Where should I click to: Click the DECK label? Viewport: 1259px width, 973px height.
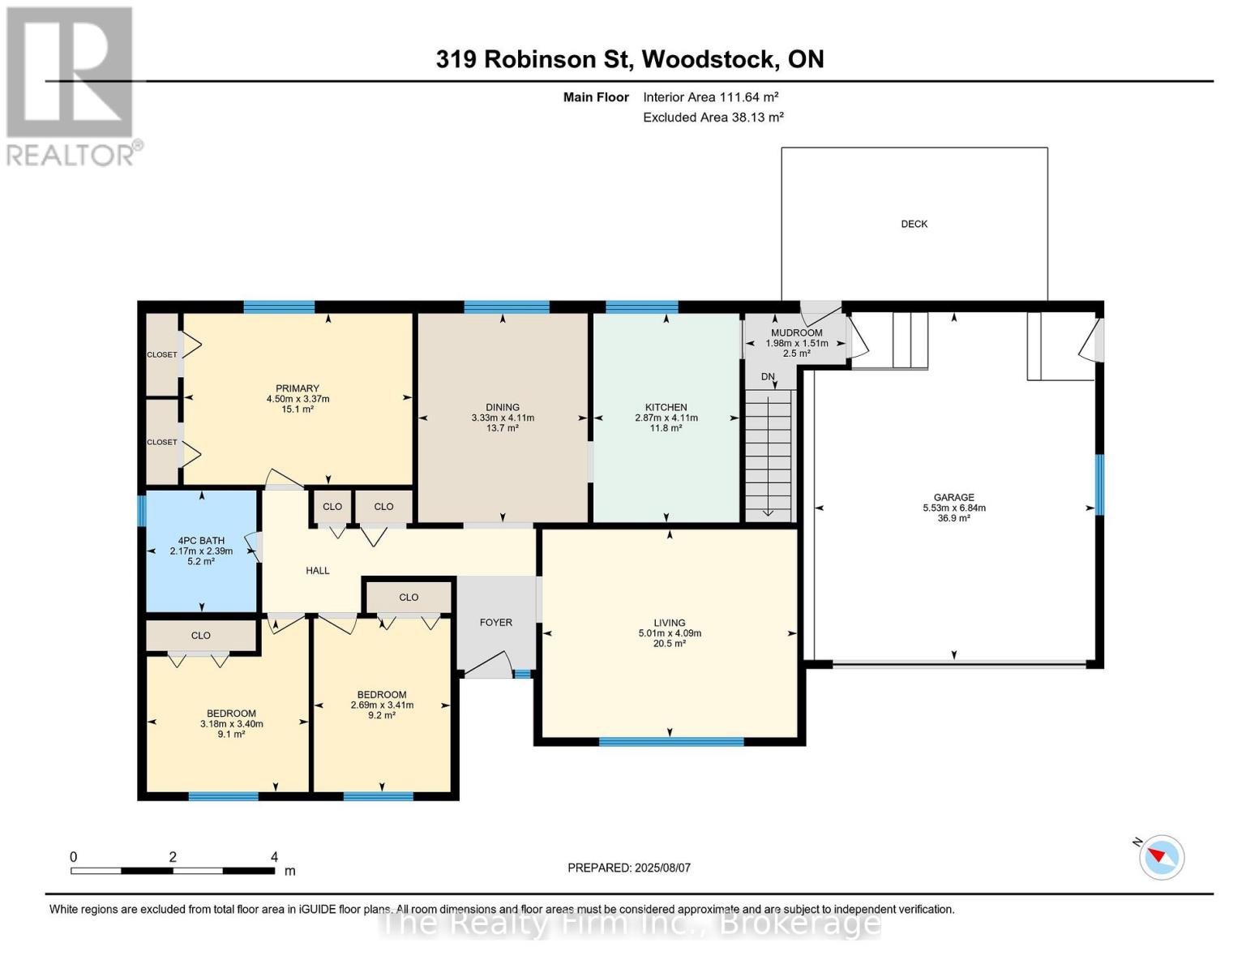[x=914, y=224]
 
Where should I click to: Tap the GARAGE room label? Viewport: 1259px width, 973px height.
[x=953, y=497]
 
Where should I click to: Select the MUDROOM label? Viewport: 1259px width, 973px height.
[x=796, y=332]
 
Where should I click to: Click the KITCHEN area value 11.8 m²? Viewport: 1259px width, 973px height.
[x=666, y=428]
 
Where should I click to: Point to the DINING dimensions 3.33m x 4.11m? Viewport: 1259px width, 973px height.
[x=503, y=418]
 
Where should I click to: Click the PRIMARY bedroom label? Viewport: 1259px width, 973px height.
[x=298, y=388]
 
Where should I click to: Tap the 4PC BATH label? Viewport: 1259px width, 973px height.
[x=201, y=541]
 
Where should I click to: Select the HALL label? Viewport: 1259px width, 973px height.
[x=318, y=571]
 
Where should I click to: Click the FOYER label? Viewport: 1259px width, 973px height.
[x=496, y=623]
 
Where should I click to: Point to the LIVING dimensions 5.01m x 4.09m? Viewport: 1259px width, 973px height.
[x=670, y=633]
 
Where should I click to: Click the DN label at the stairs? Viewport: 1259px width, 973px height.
[x=768, y=377]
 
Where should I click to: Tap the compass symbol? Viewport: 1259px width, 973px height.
[x=1161, y=857]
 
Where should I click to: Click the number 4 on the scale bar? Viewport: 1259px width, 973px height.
[x=274, y=856]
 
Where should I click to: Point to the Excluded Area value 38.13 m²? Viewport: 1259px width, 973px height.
[x=756, y=117]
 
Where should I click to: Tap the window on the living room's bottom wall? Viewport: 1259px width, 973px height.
[x=671, y=741]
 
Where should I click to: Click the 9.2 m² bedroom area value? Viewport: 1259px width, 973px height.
[x=381, y=716]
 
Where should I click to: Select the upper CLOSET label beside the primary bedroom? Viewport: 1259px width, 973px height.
[x=161, y=354]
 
